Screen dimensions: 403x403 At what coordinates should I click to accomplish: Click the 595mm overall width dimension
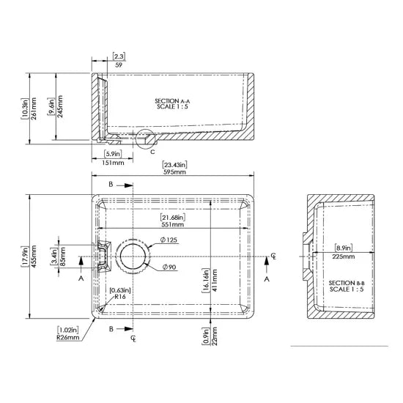[174, 172]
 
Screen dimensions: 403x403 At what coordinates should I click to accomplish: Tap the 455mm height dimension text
[34, 256]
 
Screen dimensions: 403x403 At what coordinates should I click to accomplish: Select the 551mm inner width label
[172, 224]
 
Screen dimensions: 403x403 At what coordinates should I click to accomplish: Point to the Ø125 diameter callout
[169, 240]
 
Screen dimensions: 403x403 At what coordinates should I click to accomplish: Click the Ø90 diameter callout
[169, 267]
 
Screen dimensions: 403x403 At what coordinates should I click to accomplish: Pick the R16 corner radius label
[120, 297]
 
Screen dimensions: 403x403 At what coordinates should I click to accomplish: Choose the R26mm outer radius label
[68, 338]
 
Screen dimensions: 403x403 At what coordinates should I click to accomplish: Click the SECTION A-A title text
[172, 101]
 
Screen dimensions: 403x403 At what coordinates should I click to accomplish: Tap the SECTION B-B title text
[347, 283]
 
